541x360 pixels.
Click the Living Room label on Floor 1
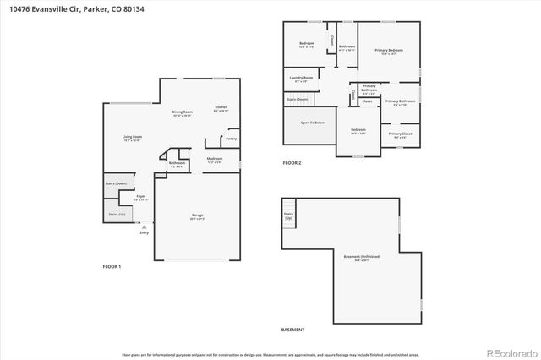pos(132,137)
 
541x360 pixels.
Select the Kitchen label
pos(221,107)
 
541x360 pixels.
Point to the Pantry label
pos(230,139)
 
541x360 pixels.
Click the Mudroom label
pos(215,159)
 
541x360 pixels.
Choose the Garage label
pos(197,216)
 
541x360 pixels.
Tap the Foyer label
pos(140,197)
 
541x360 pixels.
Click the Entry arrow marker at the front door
pos(144,227)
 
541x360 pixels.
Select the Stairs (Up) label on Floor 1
pos(117,215)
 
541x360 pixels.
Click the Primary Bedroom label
pos(390,51)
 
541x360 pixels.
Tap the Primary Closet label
pos(400,134)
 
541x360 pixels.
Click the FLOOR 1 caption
pos(112,266)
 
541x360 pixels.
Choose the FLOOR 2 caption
pos(292,162)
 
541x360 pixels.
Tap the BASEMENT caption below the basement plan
pos(292,330)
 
